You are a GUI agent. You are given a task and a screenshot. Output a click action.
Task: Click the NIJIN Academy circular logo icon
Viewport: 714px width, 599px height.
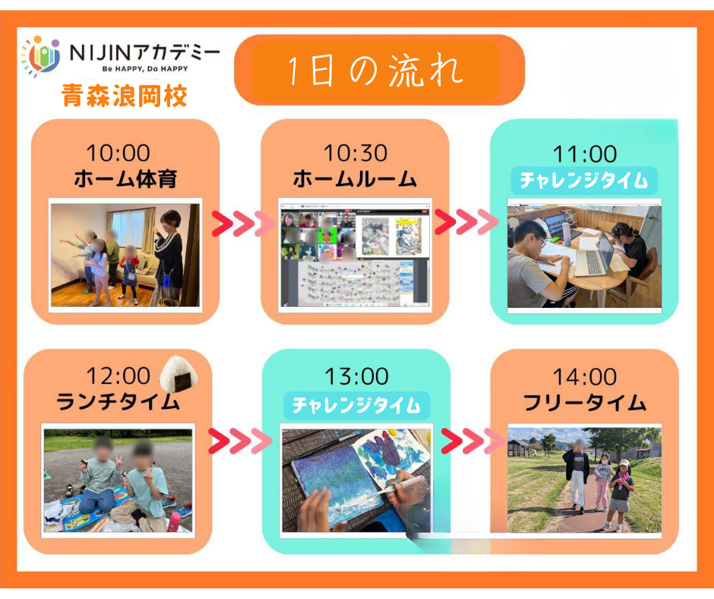(x=41, y=56)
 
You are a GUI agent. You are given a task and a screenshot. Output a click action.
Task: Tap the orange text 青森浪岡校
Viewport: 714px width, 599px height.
(x=125, y=96)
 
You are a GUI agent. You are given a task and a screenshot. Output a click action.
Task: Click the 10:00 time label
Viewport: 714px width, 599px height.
(x=118, y=153)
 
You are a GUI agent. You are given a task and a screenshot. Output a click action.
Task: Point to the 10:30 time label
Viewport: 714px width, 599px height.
(x=355, y=153)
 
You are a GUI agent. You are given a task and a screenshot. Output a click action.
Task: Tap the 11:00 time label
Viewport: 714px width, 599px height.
(x=585, y=154)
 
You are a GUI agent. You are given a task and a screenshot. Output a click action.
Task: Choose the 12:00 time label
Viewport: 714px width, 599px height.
(x=118, y=376)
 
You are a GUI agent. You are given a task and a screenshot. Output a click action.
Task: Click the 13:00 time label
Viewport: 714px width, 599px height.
(x=356, y=376)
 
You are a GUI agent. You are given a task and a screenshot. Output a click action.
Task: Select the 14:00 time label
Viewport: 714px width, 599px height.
(x=585, y=377)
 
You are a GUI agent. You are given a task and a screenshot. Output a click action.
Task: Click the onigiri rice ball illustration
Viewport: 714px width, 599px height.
(x=179, y=374)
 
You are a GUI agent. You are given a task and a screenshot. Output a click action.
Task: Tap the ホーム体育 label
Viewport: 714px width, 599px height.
(x=125, y=179)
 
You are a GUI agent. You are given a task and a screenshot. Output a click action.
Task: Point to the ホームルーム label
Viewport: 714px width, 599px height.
(x=355, y=179)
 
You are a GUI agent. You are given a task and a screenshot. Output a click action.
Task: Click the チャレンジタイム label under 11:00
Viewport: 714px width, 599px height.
(x=584, y=180)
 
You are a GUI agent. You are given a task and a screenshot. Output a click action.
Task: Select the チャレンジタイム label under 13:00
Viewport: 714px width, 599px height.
(x=356, y=405)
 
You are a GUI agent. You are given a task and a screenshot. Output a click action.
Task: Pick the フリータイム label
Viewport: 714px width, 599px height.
(x=585, y=403)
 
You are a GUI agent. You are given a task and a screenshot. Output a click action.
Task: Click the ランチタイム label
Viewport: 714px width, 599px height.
(x=118, y=402)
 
